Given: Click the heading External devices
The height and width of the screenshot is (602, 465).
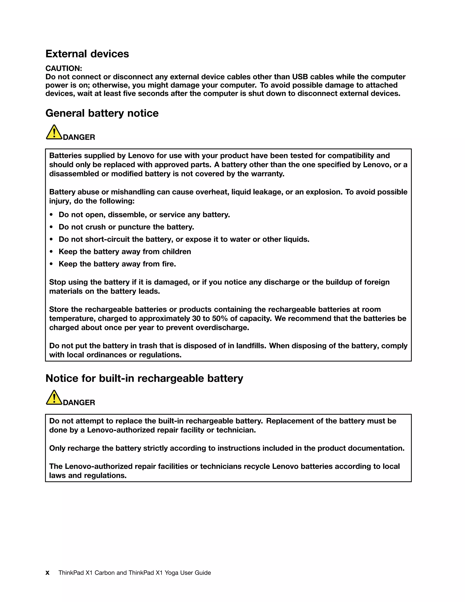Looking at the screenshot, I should click(x=87, y=54).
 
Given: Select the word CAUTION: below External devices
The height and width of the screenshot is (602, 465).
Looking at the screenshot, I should click(x=64, y=68).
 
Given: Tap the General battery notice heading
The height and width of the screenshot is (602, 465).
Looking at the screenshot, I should click(x=102, y=113).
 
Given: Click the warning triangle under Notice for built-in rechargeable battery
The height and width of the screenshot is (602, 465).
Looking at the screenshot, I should click(x=54, y=398).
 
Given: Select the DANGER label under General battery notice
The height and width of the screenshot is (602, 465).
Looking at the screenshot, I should click(x=79, y=137).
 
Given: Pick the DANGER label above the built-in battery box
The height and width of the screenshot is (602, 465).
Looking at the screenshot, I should click(x=79, y=403).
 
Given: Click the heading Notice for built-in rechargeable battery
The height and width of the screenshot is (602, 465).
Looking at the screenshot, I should click(x=144, y=378).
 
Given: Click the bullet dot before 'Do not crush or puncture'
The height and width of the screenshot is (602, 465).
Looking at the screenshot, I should click(x=51, y=227).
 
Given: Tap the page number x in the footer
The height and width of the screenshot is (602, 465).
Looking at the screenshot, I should click(x=47, y=573).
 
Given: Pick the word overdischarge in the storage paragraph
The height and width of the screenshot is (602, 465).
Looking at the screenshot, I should click(x=222, y=328).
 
